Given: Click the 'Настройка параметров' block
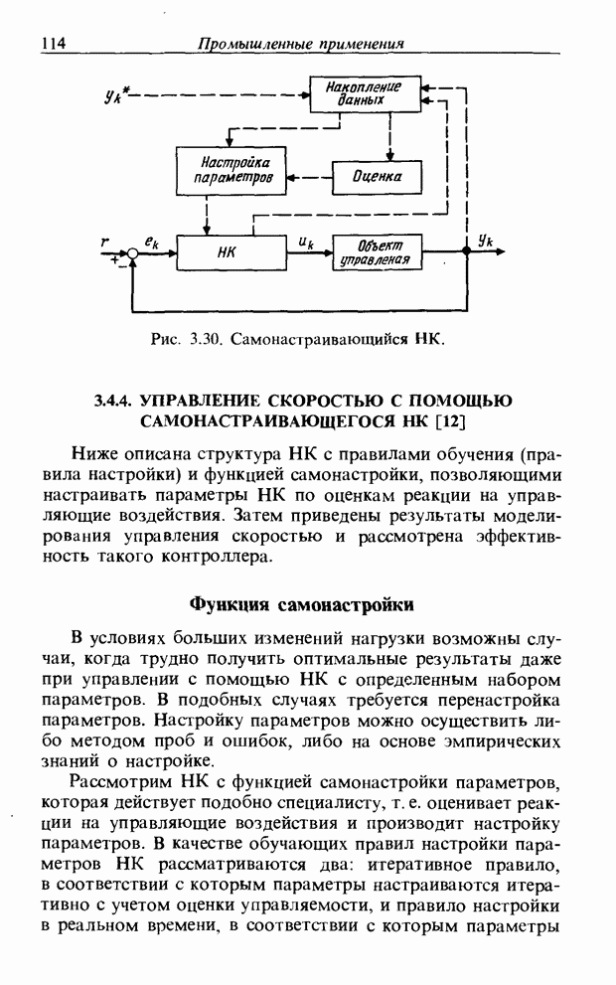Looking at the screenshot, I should pos(230,170).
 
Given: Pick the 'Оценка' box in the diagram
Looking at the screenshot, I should pos(377,177).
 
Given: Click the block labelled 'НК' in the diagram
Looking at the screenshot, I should pos(226,252).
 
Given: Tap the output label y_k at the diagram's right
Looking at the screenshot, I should pos(485,240).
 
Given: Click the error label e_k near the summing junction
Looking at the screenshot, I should pos(152,240).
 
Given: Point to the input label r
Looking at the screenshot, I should pos(105,240).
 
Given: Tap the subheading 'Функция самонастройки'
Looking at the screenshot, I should pos(301,604).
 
